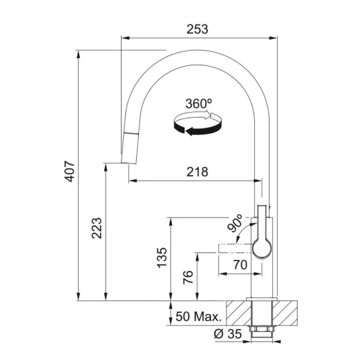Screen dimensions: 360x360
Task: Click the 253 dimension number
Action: [x=197, y=29]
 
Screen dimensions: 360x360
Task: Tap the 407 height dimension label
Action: [x=69, y=171]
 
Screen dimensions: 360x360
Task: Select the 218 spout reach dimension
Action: [x=197, y=172]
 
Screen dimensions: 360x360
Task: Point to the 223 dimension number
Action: [x=97, y=228]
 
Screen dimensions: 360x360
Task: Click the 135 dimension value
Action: [x=161, y=257]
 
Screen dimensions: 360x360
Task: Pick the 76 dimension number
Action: [x=188, y=277]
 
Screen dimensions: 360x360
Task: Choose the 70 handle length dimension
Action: [x=240, y=265]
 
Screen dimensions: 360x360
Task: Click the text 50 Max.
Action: [x=199, y=316]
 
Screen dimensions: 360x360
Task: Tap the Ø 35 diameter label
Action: [x=228, y=333]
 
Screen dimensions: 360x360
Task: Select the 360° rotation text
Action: [x=199, y=104]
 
